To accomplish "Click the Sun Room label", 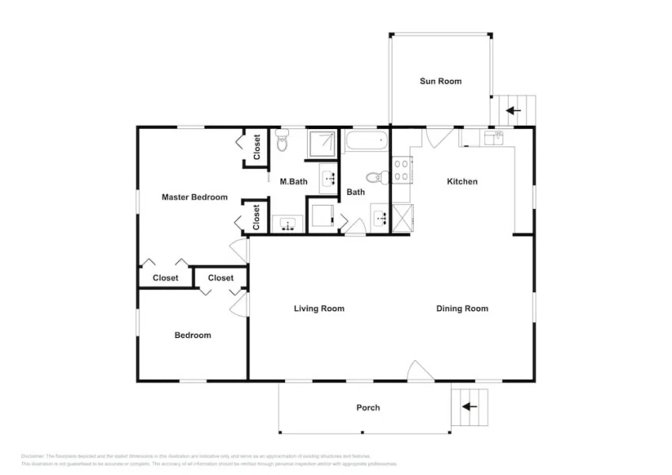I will [440, 81].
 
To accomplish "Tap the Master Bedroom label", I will [195, 197].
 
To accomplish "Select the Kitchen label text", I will [462, 182].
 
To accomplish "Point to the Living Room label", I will [319, 309].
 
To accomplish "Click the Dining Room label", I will [461, 309].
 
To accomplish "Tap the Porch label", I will [367, 408].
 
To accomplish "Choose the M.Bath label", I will [294, 182].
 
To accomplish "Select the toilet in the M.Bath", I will [282, 142].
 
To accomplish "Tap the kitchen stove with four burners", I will [401, 169].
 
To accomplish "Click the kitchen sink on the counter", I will [493, 137].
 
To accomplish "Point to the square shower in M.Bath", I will [322, 142].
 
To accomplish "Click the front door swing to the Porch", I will [420, 371].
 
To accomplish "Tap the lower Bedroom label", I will [192, 336].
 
